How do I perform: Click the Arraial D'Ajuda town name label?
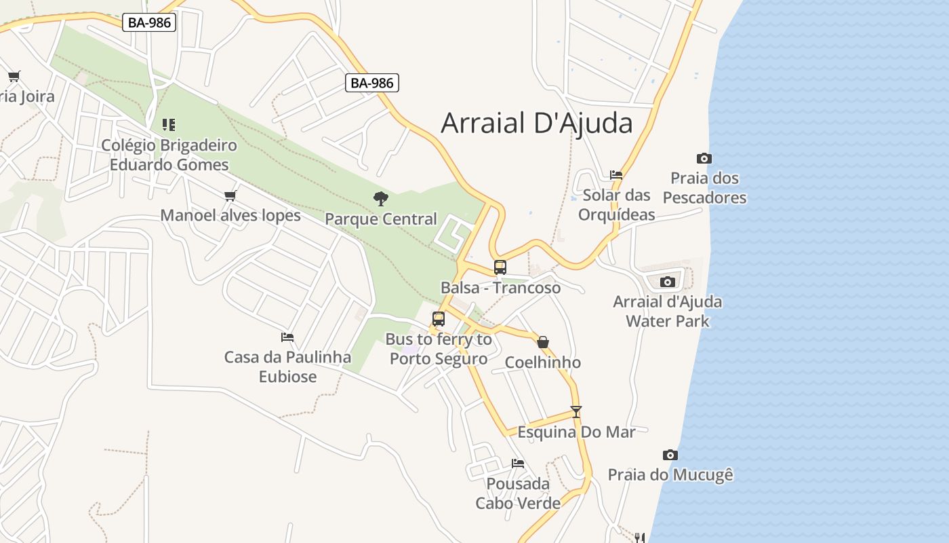(x=536, y=124)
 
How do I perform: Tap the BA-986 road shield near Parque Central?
(x=372, y=83)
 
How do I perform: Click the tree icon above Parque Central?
(x=381, y=198)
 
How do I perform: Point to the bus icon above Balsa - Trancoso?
(x=500, y=267)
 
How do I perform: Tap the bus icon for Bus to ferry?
(x=439, y=318)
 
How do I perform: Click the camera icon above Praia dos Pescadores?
(x=704, y=158)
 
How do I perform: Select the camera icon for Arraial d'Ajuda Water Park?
(x=668, y=282)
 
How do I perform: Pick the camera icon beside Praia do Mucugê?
(x=670, y=455)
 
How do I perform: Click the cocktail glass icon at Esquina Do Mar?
(x=576, y=411)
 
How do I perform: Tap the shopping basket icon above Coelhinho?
(x=543, y=341)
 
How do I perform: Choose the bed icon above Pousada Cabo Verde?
(x=518, y=463)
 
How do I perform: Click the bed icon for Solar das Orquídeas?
(x=616, y=174)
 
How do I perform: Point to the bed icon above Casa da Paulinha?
(x=287, y=337)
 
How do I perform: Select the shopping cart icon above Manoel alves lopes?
(x=230, y=195)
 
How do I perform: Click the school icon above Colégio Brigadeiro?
(x=169, y=124)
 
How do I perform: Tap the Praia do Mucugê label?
(x=670, y=474)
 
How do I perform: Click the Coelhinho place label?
(x=542, y=362)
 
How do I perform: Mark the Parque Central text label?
(x=380, y=219)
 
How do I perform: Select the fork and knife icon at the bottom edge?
(x=639, y=538)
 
